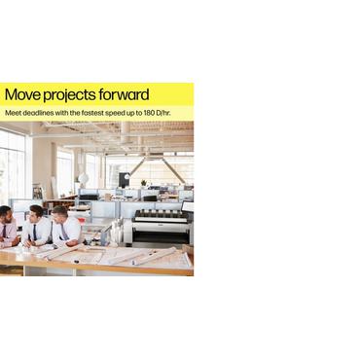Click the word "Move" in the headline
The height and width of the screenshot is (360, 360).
pos(21,95)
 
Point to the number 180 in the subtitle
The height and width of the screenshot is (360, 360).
pos(143,113)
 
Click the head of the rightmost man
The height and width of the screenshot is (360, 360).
pos(61,214)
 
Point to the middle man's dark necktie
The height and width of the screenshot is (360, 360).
pos(35,233)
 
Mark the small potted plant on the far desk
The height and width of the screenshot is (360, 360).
pos(144,182)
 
